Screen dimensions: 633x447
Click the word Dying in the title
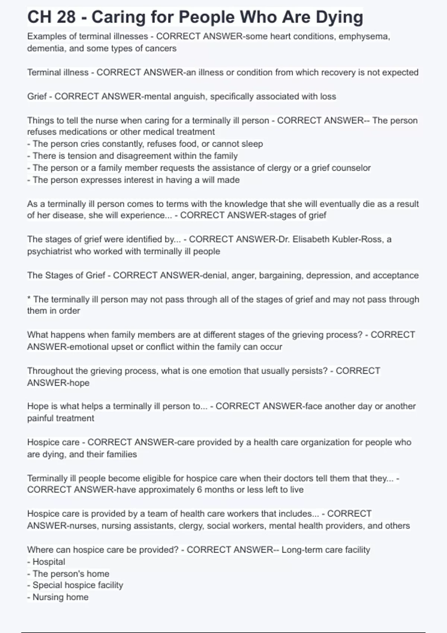[x=339, y=18]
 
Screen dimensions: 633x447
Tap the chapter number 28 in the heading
[x=64, y=18]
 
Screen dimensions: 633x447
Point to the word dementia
[x=45, y=48]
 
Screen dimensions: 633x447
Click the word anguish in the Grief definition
[x=186, y=97]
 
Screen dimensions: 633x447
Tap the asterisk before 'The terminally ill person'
[x=29, y=299]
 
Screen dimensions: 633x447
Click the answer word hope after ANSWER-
[x=79, y=383]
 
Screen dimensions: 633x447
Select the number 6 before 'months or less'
[x=199, y=490]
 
